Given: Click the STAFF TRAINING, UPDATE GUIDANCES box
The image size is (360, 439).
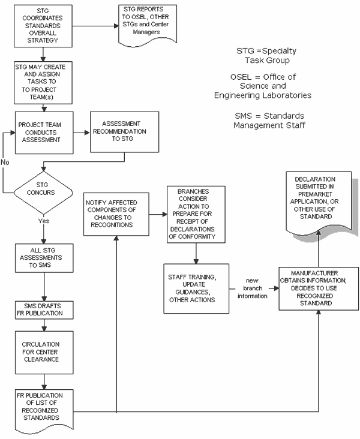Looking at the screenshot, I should coord(196,288).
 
